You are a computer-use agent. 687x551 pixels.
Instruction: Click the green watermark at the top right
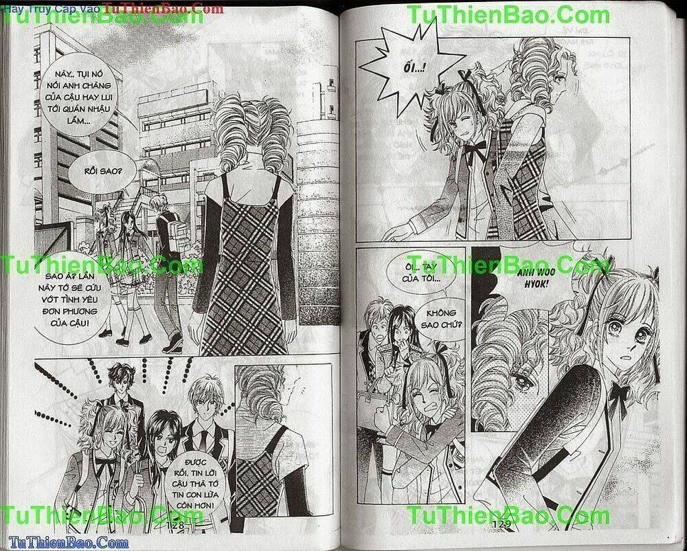[508, 14]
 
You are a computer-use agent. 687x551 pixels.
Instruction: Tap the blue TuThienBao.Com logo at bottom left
[55, 543]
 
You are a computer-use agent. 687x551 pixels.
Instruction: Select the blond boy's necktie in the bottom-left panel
[204, 438]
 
